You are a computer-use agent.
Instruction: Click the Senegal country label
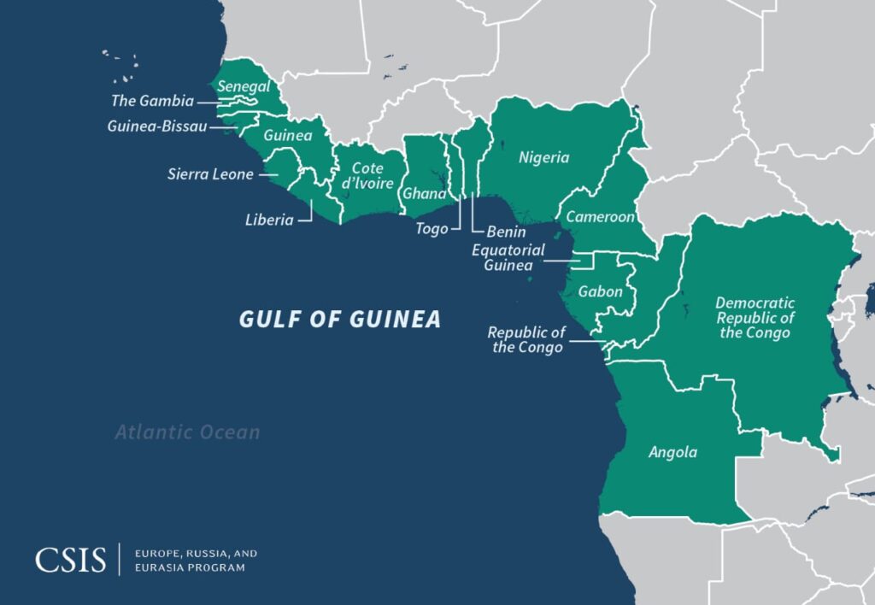click(x=244, y=86)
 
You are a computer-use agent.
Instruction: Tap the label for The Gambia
click(x=152, y=101)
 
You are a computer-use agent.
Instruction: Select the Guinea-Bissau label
click(x=156, y=126)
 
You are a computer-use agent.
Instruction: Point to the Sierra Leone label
click(x=210, y=174)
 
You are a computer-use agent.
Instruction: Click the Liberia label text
click(x=269, y=220)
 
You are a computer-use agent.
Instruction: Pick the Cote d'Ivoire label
click(x=367, y=176)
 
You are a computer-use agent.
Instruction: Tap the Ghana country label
click(x=424, y=193)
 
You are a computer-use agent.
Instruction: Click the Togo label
click(x=432, y=229)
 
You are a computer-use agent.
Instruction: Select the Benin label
click(x=506, y=232)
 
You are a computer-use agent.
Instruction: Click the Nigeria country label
click(x=543, y=157)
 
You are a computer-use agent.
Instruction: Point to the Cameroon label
click(x=600, y=217)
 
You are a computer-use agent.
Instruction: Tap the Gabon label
click(x=600, y=291)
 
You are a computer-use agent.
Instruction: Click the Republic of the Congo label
click(x=526, y=339)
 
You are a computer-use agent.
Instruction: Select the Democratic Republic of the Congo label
click(x=755, y=317)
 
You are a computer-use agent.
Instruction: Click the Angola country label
click(x=672, y=453)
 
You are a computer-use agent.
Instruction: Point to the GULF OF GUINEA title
click(x=339, y=320)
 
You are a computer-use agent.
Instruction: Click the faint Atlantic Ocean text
click(x=187, y=432)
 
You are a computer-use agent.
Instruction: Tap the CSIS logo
click(x=70, y=561)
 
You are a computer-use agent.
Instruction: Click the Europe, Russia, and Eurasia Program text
click(x=196, y=561)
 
